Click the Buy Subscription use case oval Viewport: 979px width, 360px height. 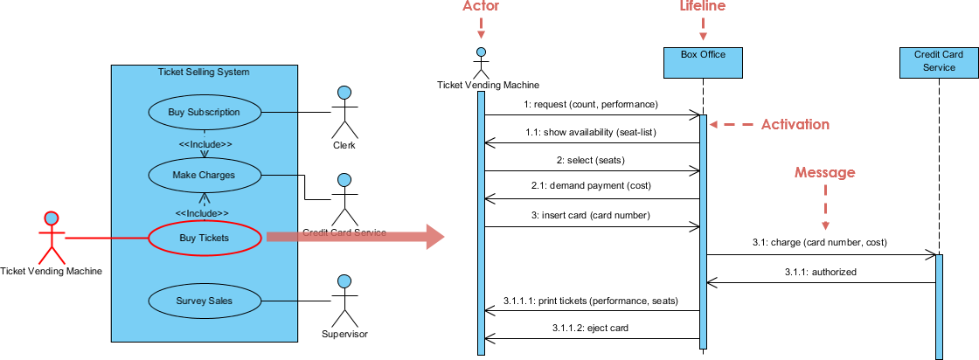pyautogui.click(x=204, y=112)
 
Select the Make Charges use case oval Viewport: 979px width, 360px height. pyautogui.click(x=204, y=175)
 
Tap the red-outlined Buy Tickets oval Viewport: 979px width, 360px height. pyautogui.click(x=205, y=238)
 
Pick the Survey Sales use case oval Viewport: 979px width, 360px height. pyautogui.click(x=204, y=301)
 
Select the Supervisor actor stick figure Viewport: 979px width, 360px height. pyautogui.click(x=344, y=300)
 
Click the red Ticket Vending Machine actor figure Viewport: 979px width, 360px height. pyautogui.click(x=52, y=236)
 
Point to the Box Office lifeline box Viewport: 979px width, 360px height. pyautogui.click(x=703, y=60)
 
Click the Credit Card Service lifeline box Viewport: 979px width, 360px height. pyautogui.click(x=938, y=60)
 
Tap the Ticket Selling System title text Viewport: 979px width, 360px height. pyautogui.click(x=204, y=72)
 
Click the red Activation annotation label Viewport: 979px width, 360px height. pyautogui.click(x=795, y=124)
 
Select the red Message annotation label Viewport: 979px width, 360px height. pyautogui.click(x=824, y=172)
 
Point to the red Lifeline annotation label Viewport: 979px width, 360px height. pyautogui.click(x=703, y=7)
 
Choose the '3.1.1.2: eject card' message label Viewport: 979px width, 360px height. pyautogui.click(x=592, y=328)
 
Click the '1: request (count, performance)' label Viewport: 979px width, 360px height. pyautogui.click(x=590, y=104)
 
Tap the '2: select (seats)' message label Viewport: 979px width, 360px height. pyautogui.click(x=592, y=160)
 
